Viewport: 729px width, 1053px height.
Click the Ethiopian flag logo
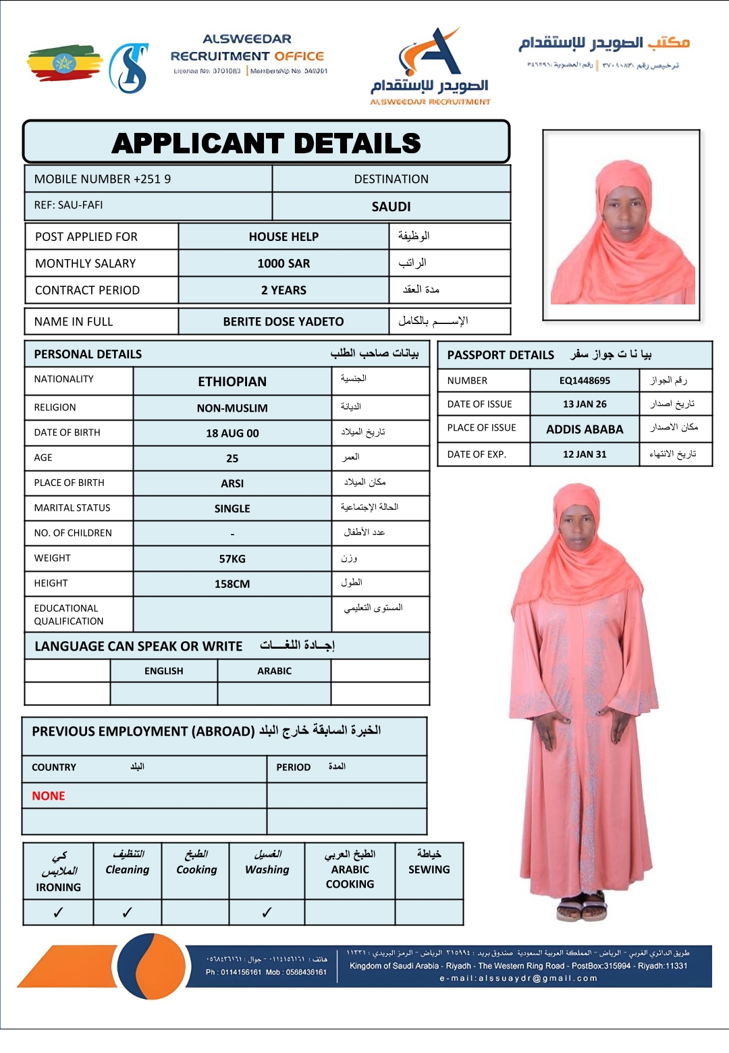click(65, 64)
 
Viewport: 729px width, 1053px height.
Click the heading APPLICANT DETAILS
click(267, 143)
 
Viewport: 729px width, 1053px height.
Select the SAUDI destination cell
click(391, 207)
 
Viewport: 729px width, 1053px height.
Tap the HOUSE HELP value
click(283, 237)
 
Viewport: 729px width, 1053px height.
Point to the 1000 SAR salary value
click(283, 264)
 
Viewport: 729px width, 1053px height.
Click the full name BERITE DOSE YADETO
click(283, 322)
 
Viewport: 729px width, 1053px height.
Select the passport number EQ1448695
click(585, 381)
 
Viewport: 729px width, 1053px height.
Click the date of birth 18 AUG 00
click(232, 433)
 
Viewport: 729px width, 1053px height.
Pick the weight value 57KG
click(232, 559)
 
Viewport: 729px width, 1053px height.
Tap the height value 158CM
click(232, 584)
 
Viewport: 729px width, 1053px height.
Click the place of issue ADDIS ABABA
click(585, 429)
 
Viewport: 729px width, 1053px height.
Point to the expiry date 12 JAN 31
click(585, 454)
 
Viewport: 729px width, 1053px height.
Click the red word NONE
click(49, 796)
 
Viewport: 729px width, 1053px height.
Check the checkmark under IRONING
click(58, 913)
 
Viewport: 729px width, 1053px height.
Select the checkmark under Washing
click(267, 913)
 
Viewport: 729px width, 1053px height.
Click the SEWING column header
click(429, 869)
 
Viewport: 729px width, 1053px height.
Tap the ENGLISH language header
click(164, 671)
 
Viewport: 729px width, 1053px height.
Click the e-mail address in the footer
click(518, 978)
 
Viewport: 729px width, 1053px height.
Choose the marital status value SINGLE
click(232, 509)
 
